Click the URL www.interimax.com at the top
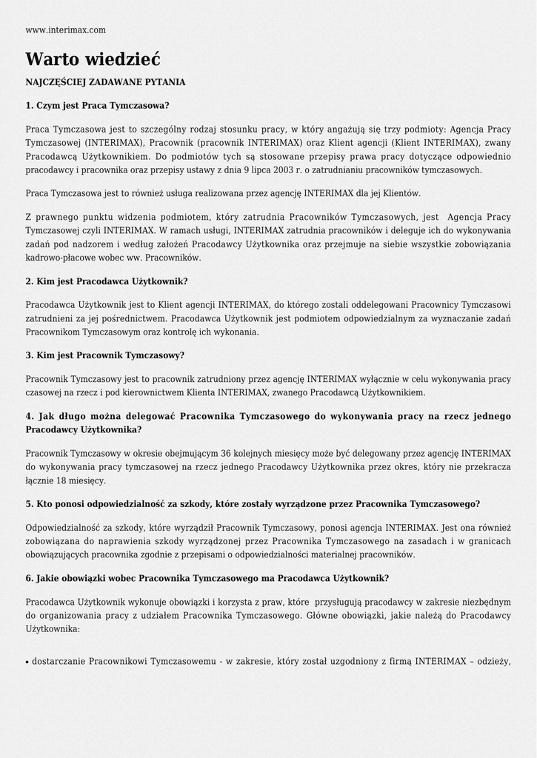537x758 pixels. click(65, 30)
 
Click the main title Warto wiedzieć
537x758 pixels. click(93, 59)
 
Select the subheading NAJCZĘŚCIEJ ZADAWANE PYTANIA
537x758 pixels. click(105, 82)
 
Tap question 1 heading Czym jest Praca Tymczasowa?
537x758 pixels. click(97, 105)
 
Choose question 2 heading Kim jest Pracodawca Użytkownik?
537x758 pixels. click(107, 281)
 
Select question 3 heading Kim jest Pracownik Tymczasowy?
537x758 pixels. click(104, 355)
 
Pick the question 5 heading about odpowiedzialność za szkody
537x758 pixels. click(253, 504)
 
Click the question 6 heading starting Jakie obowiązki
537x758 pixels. click(207, 578)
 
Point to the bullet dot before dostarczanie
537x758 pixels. click(27, 663)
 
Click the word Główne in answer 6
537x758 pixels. click(320, 615)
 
